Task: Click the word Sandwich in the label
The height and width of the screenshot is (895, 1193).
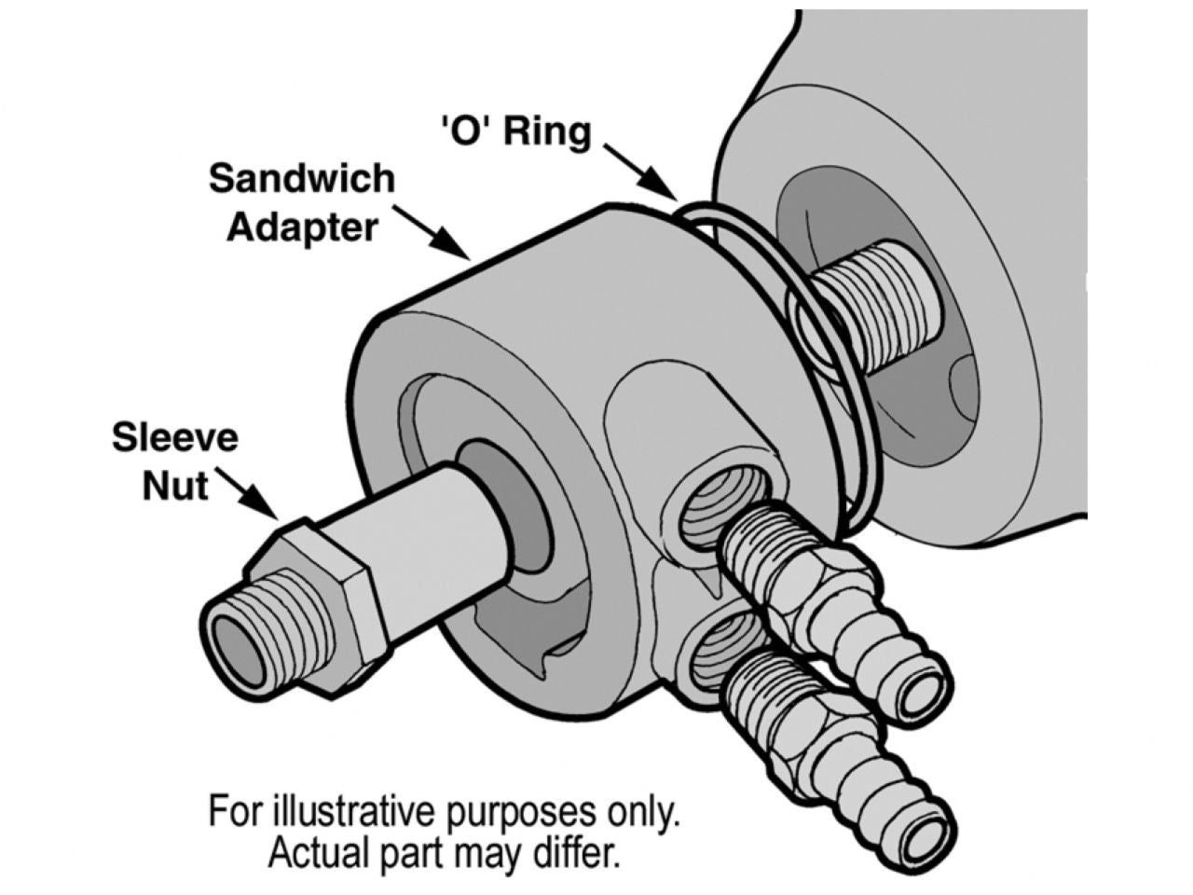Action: [x=301, y=179]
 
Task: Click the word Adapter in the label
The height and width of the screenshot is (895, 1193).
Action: [x=302, y=227]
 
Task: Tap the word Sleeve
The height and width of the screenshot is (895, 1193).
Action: [x=175, y=437]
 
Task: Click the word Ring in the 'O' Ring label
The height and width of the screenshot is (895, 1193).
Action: [x=547, y=132]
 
